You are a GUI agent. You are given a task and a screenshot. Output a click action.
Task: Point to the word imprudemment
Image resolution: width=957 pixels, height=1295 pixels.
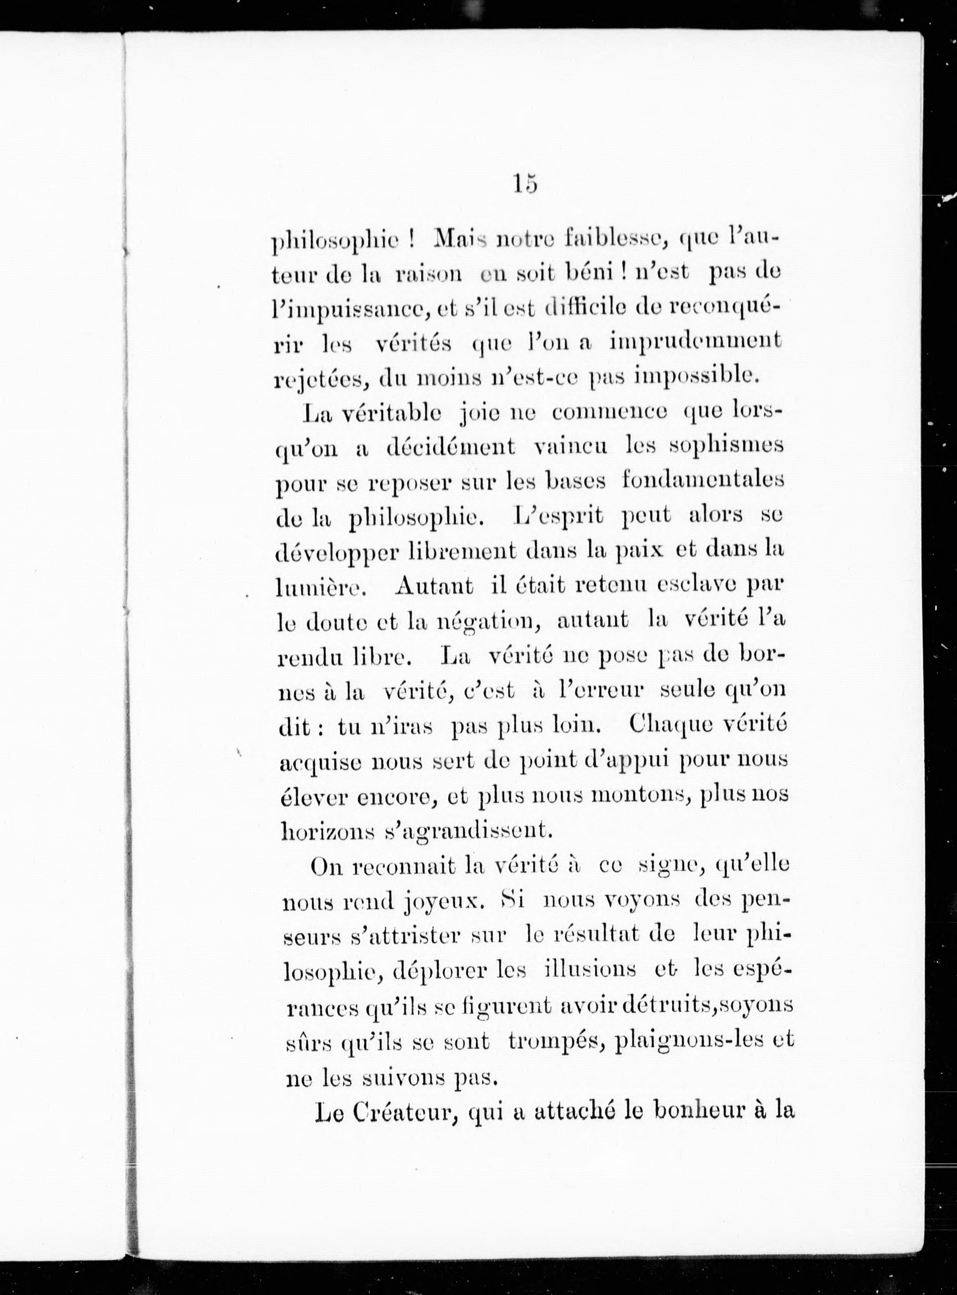(695, 342)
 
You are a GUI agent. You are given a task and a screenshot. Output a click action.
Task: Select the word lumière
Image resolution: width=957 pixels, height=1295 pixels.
(319, 588)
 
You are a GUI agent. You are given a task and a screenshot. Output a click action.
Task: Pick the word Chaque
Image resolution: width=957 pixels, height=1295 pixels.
(664, 724)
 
